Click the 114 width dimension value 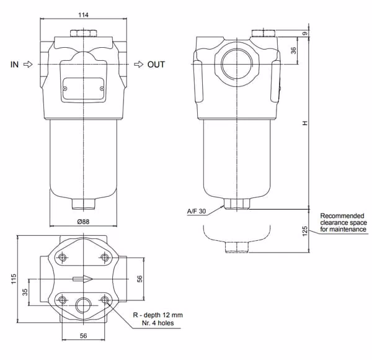click(83, 15)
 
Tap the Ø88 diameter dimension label click(83, 222)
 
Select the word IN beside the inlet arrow click(14, 65)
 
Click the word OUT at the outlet click(156, 65)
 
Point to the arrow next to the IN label click(29, 64)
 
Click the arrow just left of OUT click(139, 64)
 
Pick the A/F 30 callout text click(197, 211)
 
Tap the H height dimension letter click(305, 123)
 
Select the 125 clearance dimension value click(305, 232)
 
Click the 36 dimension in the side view click(294, 50)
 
